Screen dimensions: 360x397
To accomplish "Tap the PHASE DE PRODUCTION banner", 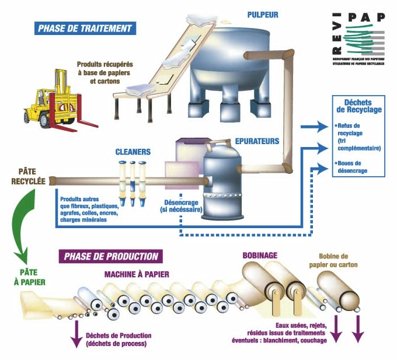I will [110, 256].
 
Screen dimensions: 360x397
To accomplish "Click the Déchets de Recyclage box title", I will [358, 106].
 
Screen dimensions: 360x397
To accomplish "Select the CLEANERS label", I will [133, 152].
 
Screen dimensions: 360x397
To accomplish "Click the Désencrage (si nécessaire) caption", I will [182, 205].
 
